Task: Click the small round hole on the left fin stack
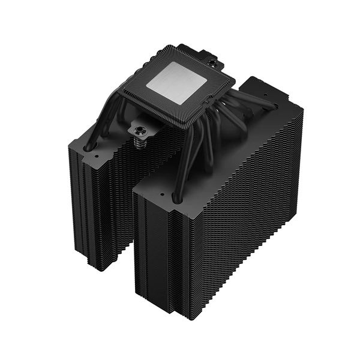[95, 154]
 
